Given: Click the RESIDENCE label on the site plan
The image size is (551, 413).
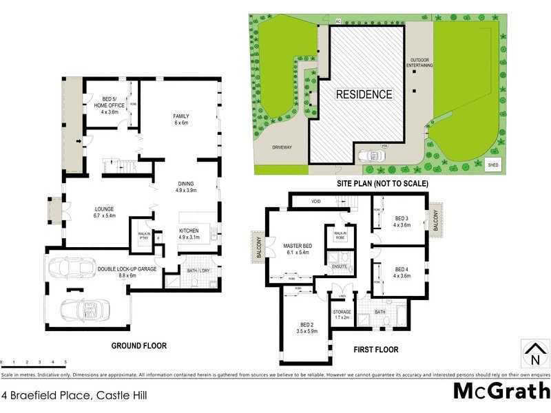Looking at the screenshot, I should click(x=364, y=94).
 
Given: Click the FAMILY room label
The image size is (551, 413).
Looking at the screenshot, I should click(x=180, y=116).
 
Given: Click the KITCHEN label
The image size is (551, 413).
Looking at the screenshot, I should click(x=189, y=231).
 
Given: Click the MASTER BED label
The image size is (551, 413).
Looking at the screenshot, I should click(x=298, y=246).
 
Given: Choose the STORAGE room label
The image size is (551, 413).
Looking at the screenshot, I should click(x=342, y=312).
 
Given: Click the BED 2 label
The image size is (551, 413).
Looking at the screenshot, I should click(x=307, y=324).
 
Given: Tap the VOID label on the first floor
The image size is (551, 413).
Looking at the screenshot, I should click(x=316, y=202).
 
